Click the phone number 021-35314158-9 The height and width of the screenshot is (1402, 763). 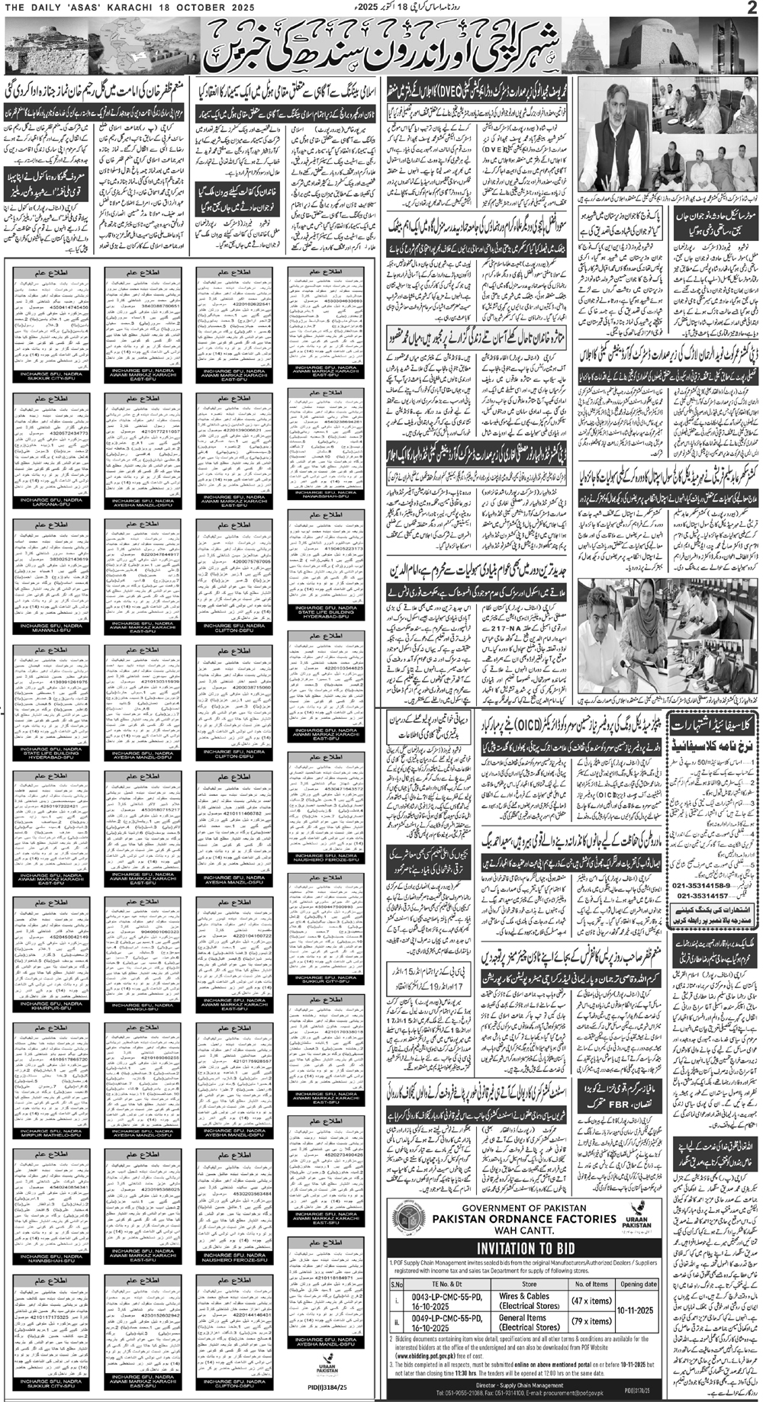707,886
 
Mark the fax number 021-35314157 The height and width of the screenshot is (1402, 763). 707,897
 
